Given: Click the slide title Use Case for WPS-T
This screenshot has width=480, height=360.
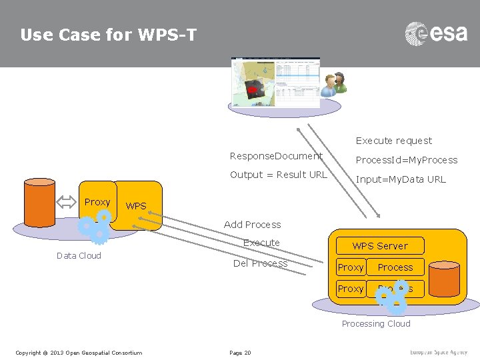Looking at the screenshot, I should click(x=108, y=35).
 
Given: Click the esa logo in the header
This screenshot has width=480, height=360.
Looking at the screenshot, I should click(x=436, y=34).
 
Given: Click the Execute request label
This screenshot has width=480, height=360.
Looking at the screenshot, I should click(x=393, y=141).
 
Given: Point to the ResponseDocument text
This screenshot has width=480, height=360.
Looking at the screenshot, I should click(x=276, y=156).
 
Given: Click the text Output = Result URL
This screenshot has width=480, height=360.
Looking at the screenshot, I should click(x=278, y=175).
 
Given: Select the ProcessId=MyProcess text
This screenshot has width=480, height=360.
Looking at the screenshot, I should click(x=406, y=160).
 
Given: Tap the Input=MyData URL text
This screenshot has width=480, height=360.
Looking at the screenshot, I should click(x=400, y=179).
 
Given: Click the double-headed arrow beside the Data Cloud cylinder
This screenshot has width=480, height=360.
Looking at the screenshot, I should click(x=69, y=203).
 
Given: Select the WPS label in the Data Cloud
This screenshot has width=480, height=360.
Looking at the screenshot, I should click(x=136, y=206).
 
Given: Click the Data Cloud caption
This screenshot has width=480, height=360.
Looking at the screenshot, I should click(x=79, y=255).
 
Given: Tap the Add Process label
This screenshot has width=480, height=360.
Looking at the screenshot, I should click(x=252, y=225).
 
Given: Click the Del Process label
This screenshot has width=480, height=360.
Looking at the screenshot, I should click(x=260, y=263).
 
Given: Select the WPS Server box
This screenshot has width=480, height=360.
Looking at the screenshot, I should click(x=380, y=245).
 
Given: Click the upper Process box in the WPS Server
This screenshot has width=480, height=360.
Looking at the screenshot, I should click(x=395, y=267).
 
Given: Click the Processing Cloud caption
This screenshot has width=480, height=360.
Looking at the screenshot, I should click(x=376, y=323).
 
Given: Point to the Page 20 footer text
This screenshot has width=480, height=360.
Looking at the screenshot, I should click(x=240, y=352).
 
